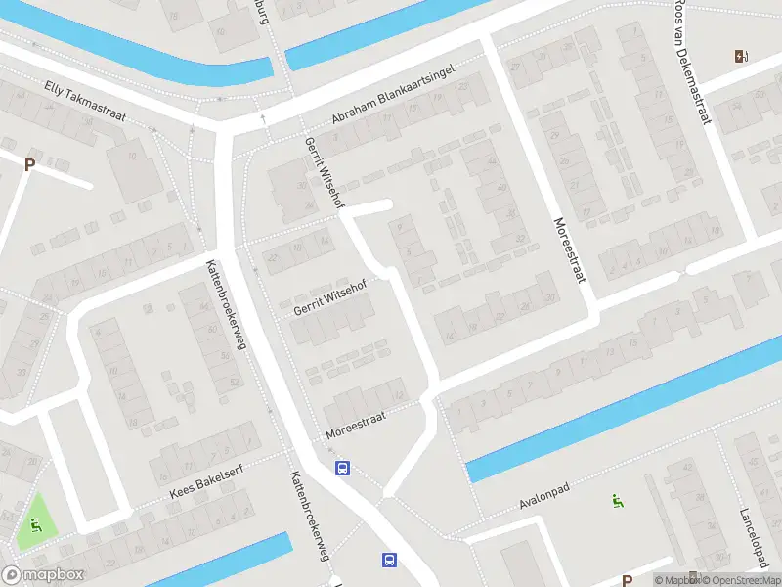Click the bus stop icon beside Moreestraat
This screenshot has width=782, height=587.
[342, 469]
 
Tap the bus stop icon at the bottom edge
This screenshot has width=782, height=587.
[389, 560]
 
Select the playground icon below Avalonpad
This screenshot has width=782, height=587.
[617, 503]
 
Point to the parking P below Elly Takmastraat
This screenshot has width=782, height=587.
[30, 164]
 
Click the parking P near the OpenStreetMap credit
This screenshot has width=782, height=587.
[627, 580]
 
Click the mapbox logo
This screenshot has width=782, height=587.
[44, 575]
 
